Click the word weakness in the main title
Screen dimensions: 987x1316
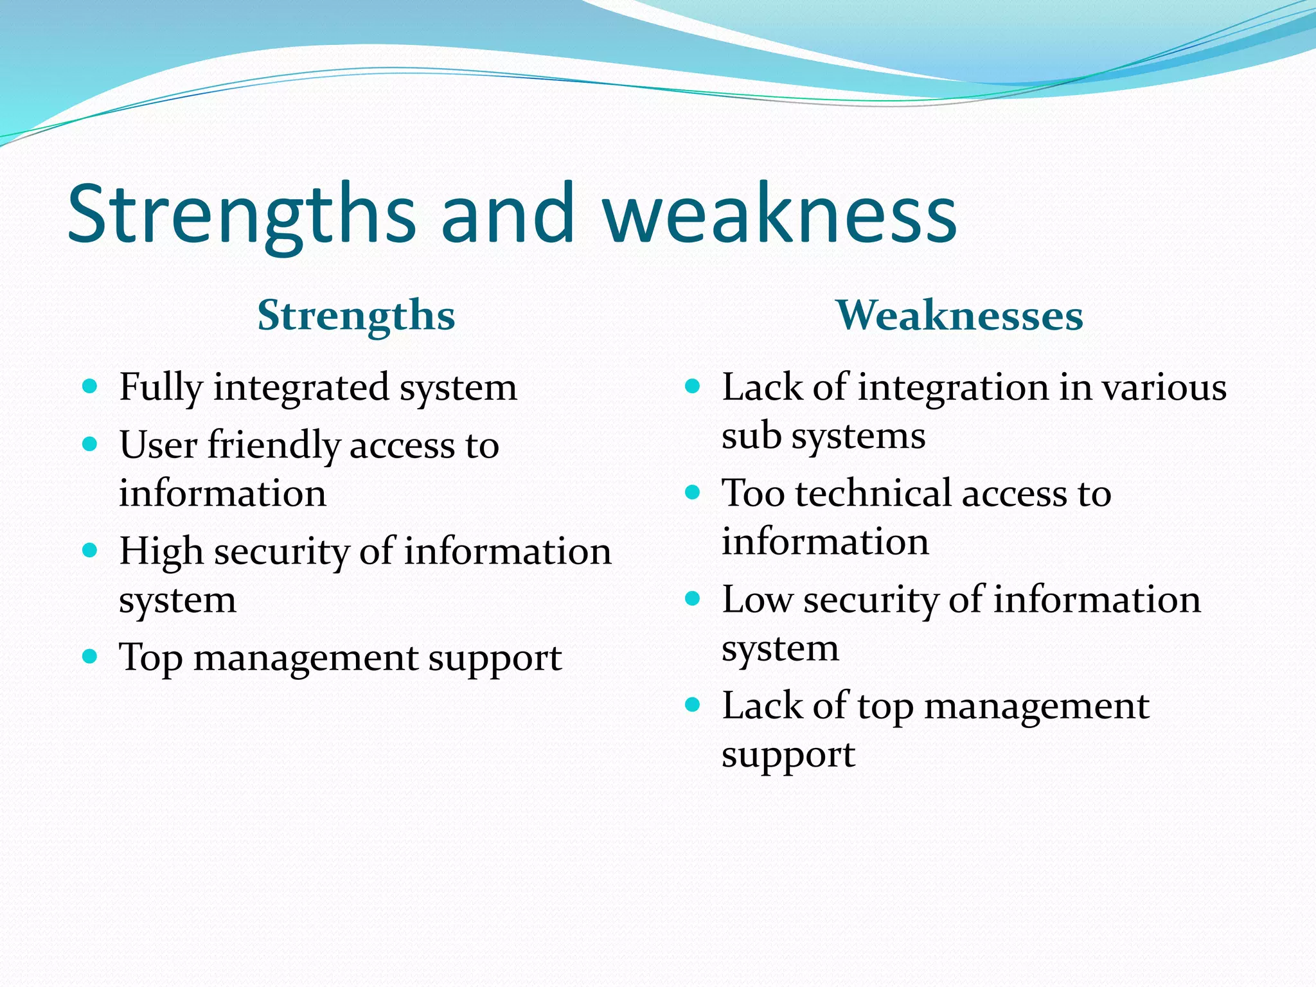780,213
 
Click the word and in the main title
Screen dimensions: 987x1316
508,213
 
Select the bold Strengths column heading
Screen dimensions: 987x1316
356,316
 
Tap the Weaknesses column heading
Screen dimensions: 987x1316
959,316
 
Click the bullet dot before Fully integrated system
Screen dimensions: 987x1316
90,386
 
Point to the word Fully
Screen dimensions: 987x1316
161,388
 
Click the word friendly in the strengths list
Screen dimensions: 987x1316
274,445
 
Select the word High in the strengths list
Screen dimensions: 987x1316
161,552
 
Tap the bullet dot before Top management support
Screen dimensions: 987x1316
90,657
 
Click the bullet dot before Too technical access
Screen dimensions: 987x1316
692,493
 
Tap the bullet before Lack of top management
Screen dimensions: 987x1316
692,705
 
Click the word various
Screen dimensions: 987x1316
1164,388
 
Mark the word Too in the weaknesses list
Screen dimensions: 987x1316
753,493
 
